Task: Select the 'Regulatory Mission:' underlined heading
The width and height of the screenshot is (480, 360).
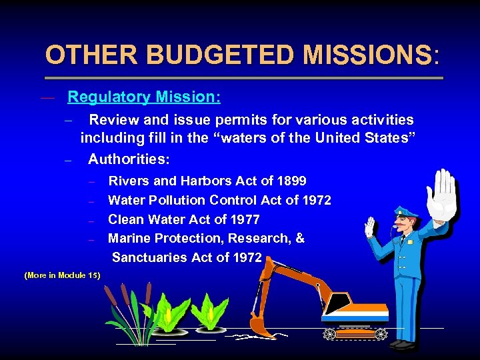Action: coord(144,97)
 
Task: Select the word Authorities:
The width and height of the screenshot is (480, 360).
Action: coord(129,160)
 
